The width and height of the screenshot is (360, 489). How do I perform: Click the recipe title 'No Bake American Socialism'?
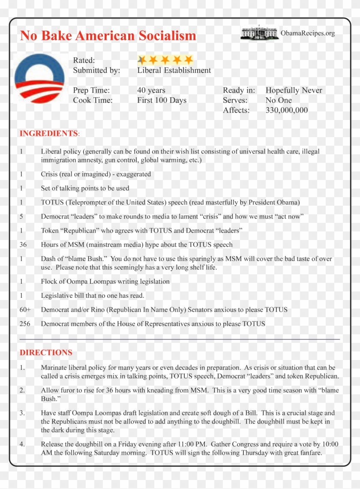point(108,36)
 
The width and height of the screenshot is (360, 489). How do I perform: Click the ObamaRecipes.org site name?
point(308,33)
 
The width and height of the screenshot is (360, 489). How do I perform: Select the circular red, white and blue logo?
point(39,78)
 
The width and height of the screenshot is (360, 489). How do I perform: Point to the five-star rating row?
point(165,60)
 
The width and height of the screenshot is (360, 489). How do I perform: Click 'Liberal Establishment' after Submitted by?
point(174,70)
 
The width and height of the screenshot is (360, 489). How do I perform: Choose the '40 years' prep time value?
point(151,90)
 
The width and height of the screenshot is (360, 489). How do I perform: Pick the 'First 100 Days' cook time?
point(162,100)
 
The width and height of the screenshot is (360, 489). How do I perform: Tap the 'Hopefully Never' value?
point(294,90)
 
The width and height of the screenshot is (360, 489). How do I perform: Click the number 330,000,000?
point(287,110)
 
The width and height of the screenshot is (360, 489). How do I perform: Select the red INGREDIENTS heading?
point(49,133)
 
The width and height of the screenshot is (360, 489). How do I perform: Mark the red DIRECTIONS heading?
point(46,353)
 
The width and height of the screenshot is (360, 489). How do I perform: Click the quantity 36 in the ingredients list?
point(23,245)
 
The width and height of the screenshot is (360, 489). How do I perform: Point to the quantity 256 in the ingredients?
point(25,324)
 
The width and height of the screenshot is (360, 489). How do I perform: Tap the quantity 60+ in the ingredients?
point(25,309)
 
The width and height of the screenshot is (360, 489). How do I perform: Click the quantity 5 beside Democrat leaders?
point(21,216)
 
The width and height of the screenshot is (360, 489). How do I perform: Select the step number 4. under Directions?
point(22,444)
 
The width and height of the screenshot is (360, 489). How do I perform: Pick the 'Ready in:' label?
point(239,90)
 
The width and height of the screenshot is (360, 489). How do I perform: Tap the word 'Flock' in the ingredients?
point(50,282)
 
